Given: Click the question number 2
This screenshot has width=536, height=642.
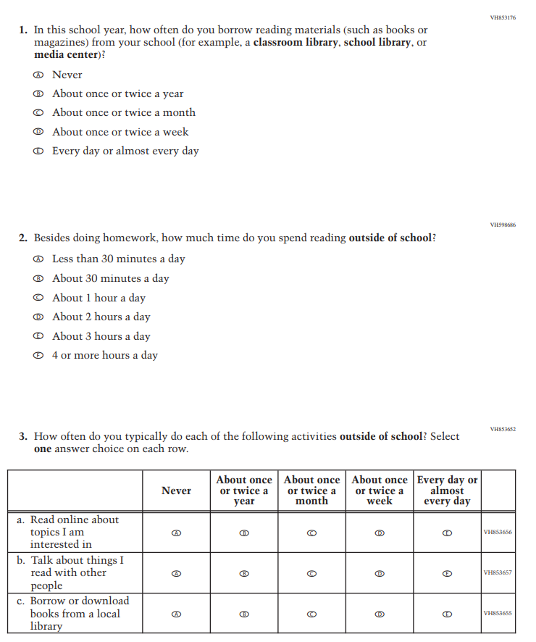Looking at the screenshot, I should point(23,238).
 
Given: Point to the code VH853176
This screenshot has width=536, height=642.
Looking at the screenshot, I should point(503,17).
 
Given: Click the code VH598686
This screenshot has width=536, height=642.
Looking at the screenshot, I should point(503,225).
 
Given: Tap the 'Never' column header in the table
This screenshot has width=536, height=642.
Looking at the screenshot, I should point(176,491).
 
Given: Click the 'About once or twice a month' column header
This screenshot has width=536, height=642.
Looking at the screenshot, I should point(311,491).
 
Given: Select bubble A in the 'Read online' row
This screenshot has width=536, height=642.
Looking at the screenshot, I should point(176,533).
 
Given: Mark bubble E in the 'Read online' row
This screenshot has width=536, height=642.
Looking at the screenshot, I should point(447,533).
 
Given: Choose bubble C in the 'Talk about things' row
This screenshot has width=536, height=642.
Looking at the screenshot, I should point(311,573).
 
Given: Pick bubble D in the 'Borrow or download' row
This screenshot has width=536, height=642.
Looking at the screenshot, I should point(380,614).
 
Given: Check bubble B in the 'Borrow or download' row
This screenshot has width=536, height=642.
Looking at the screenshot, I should point(244,614).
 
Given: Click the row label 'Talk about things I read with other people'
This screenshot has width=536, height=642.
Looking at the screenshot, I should point(69,573).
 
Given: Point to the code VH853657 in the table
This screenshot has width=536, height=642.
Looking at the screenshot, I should point(498,573).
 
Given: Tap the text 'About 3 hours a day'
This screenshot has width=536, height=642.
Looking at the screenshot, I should point(101,336).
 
